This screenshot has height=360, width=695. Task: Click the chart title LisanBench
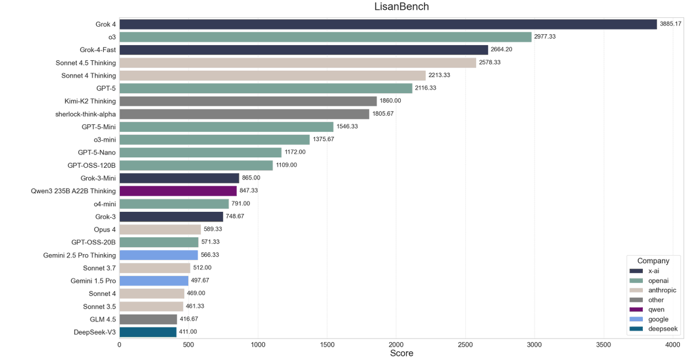click(x=401, y=7)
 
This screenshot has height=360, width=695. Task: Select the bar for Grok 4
click(x=388, y=24)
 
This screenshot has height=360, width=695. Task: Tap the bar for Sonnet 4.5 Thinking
click(x=298, y=63)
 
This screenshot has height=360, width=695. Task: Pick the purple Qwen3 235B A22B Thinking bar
click(x=178, y=191)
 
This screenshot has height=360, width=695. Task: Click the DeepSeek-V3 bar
click(x=148, y=332)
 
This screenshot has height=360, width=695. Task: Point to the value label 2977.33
click(x=545, y=37)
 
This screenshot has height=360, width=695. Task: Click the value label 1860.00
click(x=390, y=101)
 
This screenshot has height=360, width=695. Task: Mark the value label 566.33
click(x=210, y=255)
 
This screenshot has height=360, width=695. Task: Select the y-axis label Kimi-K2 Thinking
click(x=90, y=101)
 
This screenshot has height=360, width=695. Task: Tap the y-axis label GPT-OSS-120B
click(x=92, y=166)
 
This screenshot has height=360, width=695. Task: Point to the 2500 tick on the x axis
click(x=465, y=344)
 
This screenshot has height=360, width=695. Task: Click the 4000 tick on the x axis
click(x=672, y=344)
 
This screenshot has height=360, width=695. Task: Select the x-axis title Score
click(x=401, y=353)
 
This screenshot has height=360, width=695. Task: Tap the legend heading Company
click(x=653, y=261)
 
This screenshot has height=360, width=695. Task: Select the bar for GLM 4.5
click(x=148, y=319)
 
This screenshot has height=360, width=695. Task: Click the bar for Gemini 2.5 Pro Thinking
click(x=159, y=255)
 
